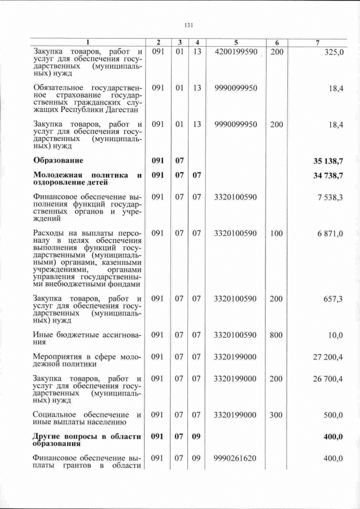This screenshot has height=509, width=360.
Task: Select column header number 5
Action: (236, 43)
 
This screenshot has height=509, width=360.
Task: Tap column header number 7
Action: (318, 43)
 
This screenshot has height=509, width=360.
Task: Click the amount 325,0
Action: (334, 52)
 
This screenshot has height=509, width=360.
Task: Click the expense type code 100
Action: (276, 233)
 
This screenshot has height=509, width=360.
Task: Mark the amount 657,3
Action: (333, 299)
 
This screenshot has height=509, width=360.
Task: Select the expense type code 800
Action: (276, 335)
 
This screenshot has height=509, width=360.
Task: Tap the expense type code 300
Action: (276, 415)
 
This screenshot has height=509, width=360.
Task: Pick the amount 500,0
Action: (333, 415)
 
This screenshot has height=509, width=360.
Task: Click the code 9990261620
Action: (236, 459)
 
